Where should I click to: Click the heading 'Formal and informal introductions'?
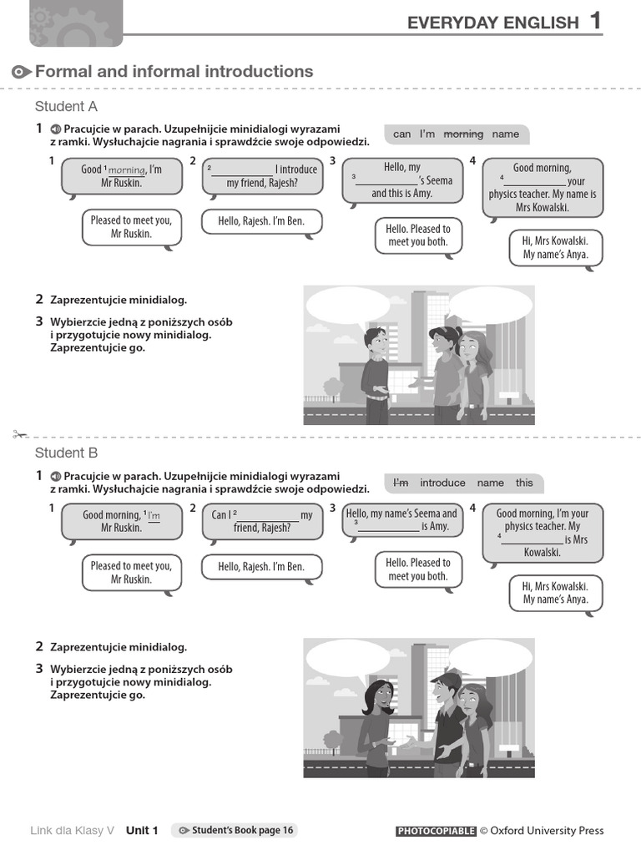174,72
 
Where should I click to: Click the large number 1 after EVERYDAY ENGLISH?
595,21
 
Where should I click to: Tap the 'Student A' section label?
66,106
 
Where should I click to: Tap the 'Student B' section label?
66,453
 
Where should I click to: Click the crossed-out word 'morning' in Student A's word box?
463,134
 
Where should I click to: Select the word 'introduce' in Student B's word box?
442,483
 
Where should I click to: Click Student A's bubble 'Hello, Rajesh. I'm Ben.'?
261,221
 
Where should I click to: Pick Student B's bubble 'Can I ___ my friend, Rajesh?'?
262,521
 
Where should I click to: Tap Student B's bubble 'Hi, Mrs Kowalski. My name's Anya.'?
555,593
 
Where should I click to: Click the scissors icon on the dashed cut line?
20,434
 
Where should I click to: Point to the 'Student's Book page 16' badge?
235,830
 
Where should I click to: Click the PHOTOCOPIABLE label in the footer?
436,831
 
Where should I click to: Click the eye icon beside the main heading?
23,73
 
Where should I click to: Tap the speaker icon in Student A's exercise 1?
56,129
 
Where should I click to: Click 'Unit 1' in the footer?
142,830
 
